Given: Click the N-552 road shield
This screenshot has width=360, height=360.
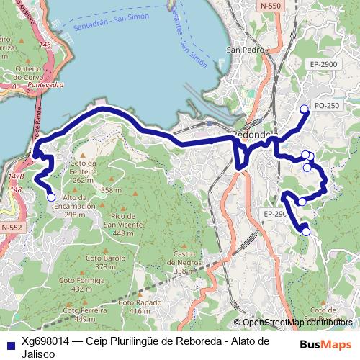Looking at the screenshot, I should click(x=12, y=228).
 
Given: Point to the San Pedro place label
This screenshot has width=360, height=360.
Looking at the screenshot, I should click(x=242, y=50).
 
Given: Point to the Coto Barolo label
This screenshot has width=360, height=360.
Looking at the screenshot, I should click(x=100, y=262).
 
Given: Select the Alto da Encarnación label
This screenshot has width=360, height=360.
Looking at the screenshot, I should click(x=80, y=205).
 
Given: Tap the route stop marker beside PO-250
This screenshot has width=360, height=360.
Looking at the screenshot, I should click(x=304, y=109).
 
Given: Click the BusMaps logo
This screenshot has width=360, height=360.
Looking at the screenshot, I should click(x=325, y=344).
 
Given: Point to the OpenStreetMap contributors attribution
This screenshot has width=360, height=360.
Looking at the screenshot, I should click(x=297, y=323).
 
